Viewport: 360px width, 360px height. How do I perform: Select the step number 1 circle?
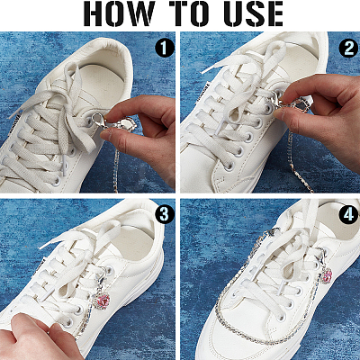(164, 48)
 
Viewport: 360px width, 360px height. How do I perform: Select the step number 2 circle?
(348, 48)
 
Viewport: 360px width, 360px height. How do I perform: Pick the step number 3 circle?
(164, 214)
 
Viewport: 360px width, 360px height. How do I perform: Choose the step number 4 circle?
(348, 214)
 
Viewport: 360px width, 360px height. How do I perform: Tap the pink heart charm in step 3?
(102, 301)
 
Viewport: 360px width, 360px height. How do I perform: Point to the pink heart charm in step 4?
(328, 274)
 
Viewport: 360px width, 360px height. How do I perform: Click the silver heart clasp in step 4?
(273, 231)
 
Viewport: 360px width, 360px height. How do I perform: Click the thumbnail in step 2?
(279, 113)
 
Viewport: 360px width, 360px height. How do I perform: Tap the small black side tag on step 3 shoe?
(40, 267)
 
